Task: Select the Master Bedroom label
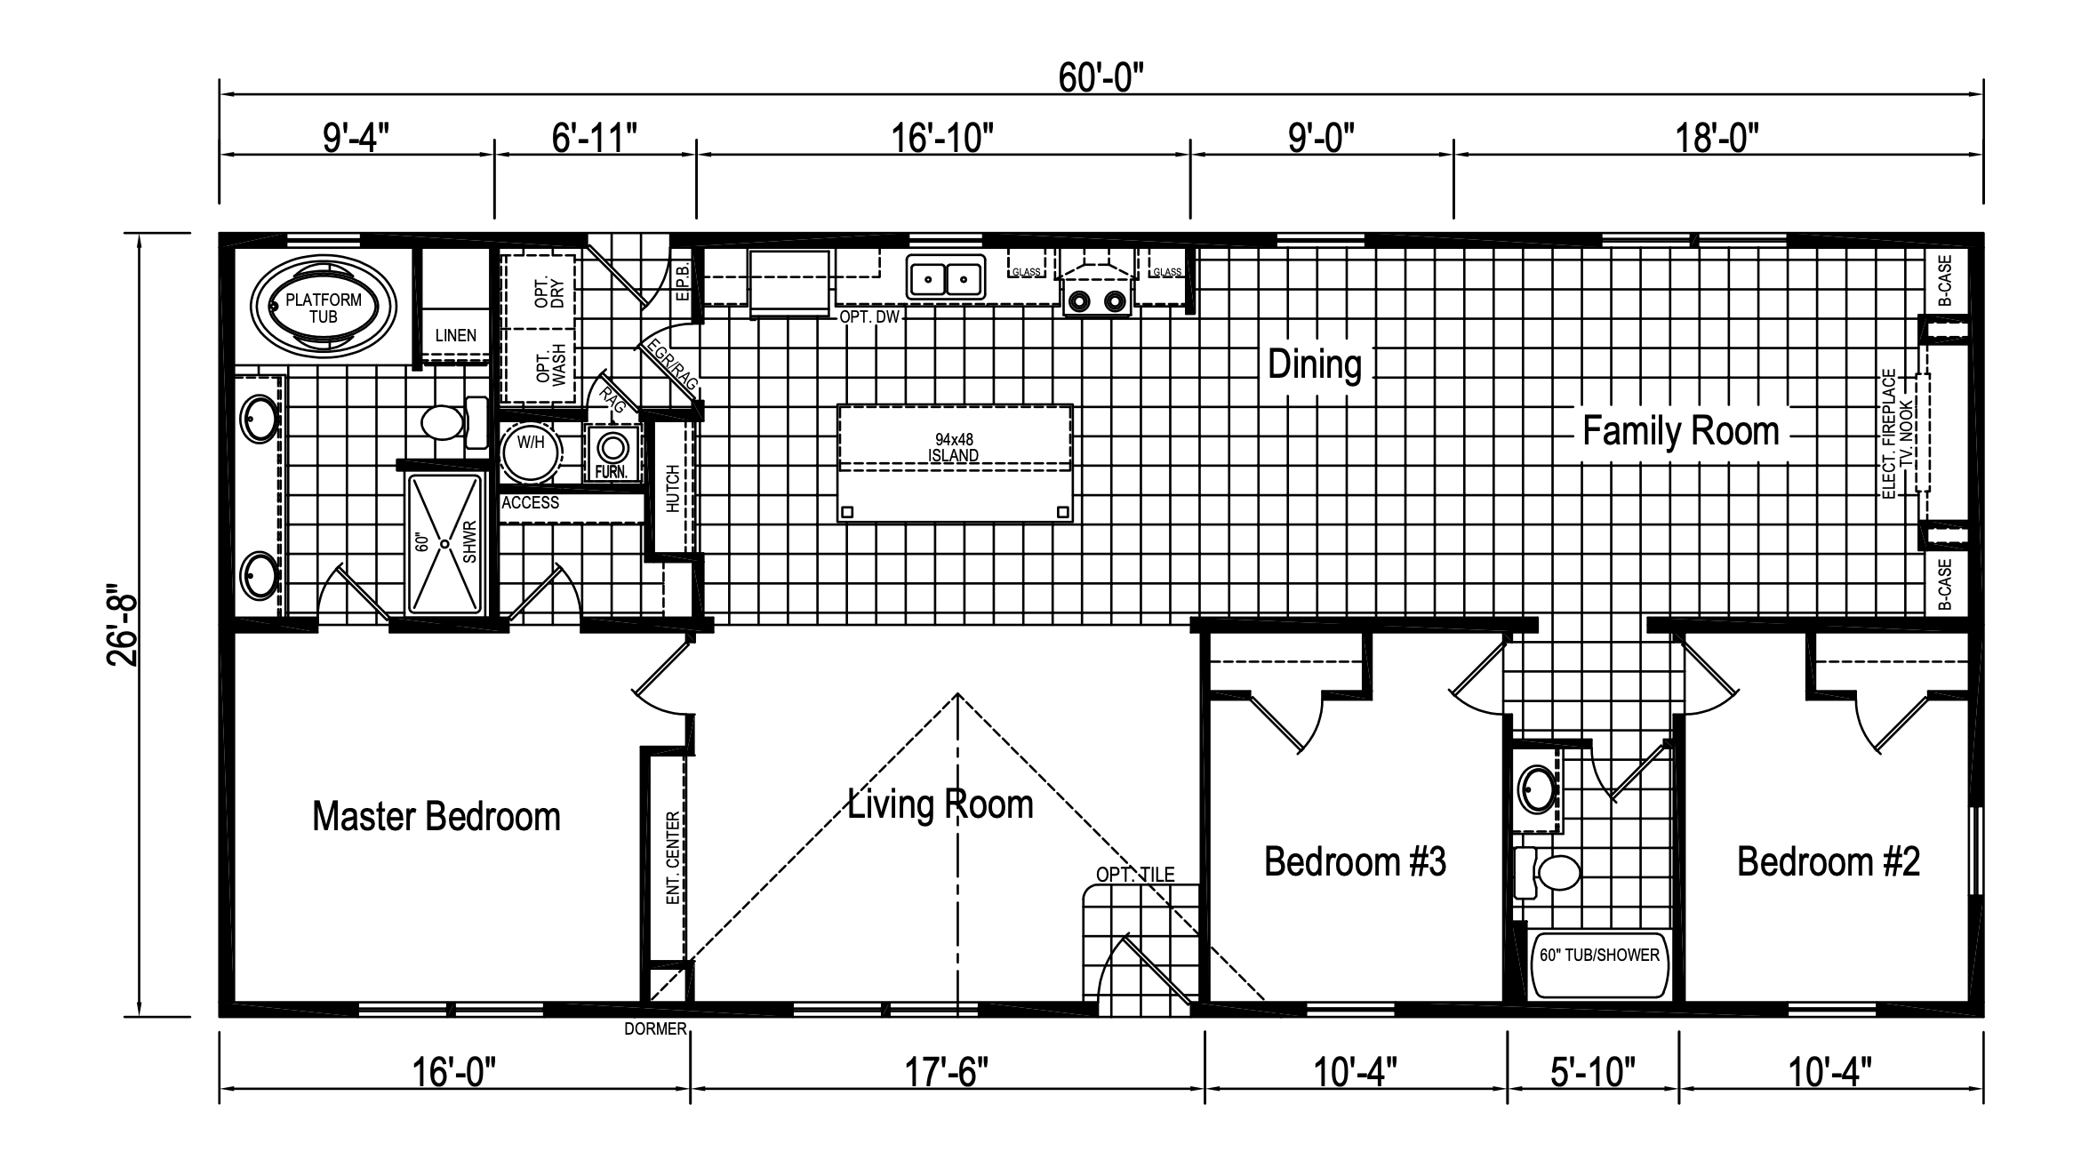click(x=436, y=816)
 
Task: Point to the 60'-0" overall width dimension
click(x=1101, y=78)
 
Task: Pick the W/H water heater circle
click(x=531, y=450)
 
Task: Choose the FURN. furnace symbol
click(x=612, y=453)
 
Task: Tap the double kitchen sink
click(x=946, y=277)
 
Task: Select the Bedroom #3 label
click(x=1355, y=861)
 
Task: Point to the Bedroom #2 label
click(x=1829, y=861)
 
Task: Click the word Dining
click(x=1315, y=364)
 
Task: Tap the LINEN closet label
click(x=456, y=336)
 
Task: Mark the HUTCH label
click(x=673, y=488)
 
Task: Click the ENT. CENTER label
click(x=673, y=857)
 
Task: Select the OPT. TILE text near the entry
click(x=1135, y=875)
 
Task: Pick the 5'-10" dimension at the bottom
click(x=1593, y=1072)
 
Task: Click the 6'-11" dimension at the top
click(x=595, y=138)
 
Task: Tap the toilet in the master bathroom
click(x=453, y=423)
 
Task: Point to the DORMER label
click(x=655, y=1029)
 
